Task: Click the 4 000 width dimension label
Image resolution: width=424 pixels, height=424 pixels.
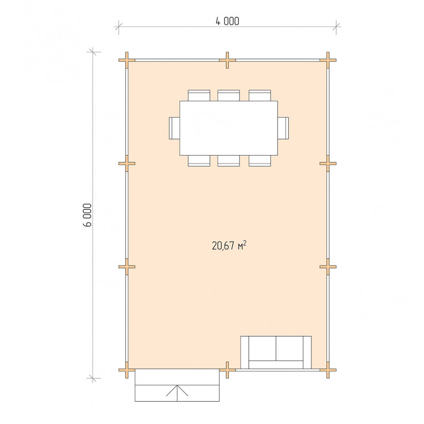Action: coord(227,21)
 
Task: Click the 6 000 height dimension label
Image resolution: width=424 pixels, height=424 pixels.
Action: coord(88,215)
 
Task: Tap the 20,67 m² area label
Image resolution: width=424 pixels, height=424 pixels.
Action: coord(229,246)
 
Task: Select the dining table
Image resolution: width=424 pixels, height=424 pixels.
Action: coord(229,128)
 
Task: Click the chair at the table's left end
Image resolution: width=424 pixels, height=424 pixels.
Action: coord(175,128)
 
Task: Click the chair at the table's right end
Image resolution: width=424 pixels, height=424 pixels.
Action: coord(283,128)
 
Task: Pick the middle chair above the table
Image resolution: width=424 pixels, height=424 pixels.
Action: coord(228,95)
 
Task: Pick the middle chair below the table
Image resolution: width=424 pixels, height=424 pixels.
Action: coord(228,161)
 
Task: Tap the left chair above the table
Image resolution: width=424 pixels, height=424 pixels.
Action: coord(199,95)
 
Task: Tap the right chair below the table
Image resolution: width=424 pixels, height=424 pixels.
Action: coord(260,161)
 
